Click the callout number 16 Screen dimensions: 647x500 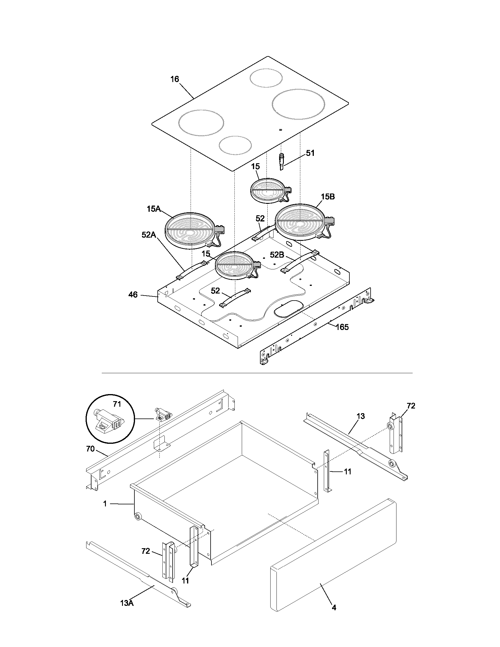pyautogui.click(x=175, y=79)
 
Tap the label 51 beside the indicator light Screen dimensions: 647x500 pyautogui.click(x=310, y=153)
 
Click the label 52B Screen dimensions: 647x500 pyautogui.click(x=277, y=254)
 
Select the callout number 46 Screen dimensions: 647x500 pyautogui.click(x=133, y=295)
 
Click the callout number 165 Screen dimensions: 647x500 pyautogui.click(x=342, y=327)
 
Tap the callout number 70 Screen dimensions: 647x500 pyautogui.click(x=90, y=449)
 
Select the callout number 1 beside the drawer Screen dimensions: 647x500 pyautogui.click(x=105, y=503)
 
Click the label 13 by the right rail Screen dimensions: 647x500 pyautogui.click(x=361, y=416)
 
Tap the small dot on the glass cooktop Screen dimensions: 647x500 pyautogui.click(x=280, y=129)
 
